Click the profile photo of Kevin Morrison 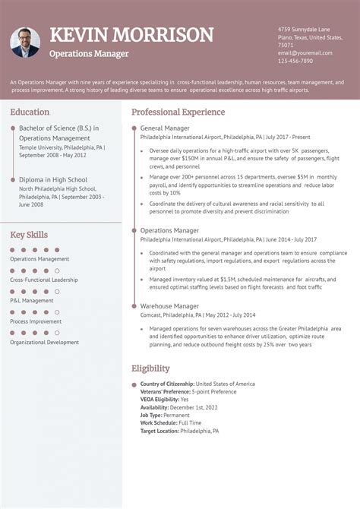25,43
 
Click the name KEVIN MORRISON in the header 131,35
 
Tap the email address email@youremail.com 305,53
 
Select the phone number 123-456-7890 295,61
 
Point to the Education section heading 30,112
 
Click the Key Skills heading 29,235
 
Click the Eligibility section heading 150,368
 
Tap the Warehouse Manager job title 169,306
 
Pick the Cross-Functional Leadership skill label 44,280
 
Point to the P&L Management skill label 32,300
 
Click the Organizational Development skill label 44,342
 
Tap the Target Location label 159,431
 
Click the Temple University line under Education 61,147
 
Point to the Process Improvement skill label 36,321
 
